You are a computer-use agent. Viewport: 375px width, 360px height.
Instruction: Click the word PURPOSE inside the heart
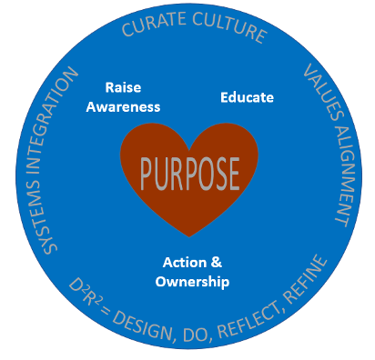pos(189,172)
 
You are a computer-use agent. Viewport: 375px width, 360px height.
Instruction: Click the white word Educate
pos(248,96)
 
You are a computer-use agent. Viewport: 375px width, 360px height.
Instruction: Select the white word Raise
pos(124,88)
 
